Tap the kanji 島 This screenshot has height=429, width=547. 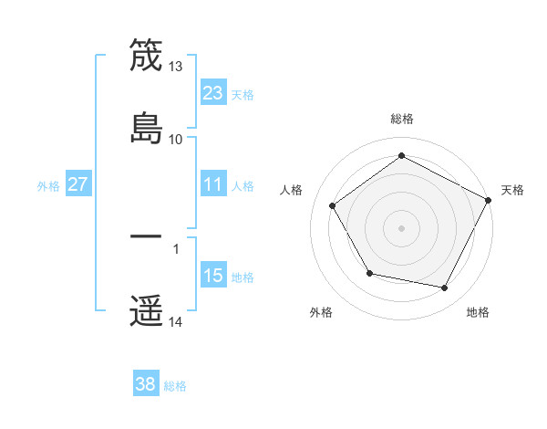146,127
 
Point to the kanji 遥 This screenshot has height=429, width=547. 146,310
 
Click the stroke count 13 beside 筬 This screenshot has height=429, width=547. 176,67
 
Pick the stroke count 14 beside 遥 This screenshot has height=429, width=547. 176,321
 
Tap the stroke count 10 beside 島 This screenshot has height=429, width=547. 176,139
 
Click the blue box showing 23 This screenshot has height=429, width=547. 213,92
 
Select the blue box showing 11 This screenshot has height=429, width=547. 213,184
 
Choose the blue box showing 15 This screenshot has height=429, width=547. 213,276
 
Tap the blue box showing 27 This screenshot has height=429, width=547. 77,184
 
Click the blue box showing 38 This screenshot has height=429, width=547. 146,384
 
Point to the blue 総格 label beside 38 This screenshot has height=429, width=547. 175,386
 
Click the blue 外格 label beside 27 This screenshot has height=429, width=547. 48,186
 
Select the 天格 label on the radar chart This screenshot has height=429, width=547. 512,190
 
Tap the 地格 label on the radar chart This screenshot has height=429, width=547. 478,313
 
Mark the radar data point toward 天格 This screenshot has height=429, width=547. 490,199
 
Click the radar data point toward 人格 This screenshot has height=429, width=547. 333,205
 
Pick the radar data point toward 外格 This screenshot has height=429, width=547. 369,273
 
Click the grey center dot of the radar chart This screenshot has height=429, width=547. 402,227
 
